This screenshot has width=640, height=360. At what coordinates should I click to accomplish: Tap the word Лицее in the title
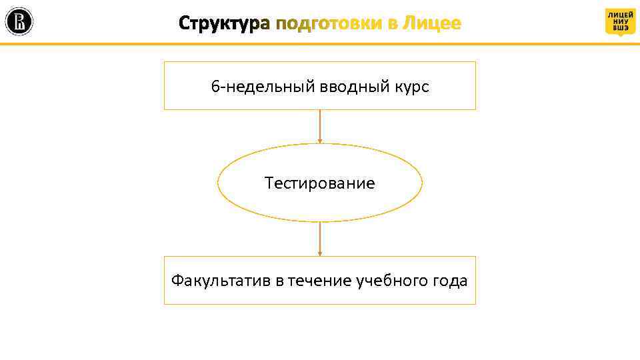click(432, 24)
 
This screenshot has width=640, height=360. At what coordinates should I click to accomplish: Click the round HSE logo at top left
click(19, 22)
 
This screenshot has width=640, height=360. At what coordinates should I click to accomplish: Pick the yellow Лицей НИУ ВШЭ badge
click(620, 21)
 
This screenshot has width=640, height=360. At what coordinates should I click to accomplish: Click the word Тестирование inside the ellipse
click(320, 183)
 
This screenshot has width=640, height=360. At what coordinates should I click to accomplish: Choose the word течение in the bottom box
click(320, 281)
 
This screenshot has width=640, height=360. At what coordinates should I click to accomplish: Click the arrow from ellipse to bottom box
click(320, 238)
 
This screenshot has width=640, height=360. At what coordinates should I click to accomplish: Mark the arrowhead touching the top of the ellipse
click(320, 141)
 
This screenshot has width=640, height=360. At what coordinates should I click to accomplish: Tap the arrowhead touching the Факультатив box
click(320, 253)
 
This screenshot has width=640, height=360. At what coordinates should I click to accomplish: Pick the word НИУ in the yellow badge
click(620, 21)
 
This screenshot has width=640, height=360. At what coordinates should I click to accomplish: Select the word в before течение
click(280, 281)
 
